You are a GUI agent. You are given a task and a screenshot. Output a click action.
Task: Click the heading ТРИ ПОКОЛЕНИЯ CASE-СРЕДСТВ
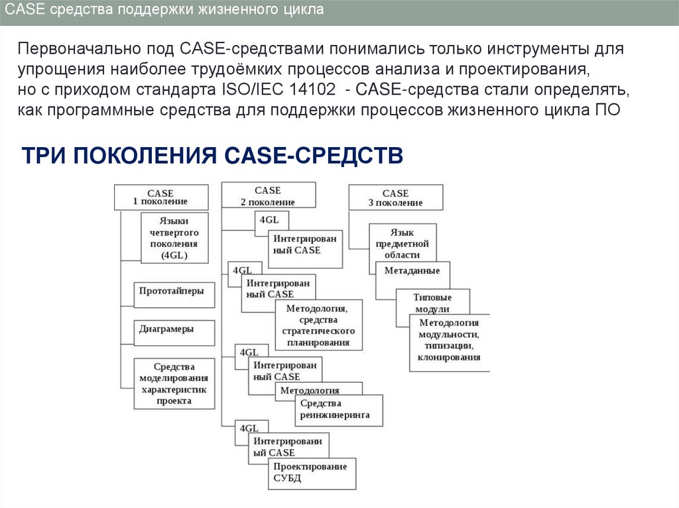213,156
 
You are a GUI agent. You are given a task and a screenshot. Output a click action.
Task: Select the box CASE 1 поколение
160,197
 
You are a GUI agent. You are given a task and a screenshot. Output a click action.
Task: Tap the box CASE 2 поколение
268,195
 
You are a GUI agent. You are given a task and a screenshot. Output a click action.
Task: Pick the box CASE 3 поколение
395,197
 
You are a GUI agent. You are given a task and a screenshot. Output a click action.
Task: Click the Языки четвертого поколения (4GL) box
174,238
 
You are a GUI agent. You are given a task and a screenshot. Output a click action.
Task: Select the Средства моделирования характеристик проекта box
174,383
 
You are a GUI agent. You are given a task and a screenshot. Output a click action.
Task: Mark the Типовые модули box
432,302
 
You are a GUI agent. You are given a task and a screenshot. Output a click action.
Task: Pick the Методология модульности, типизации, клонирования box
449,339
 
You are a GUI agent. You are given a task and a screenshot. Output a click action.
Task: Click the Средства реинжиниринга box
338,410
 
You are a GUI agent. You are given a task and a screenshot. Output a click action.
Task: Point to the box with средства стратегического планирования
319,325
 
